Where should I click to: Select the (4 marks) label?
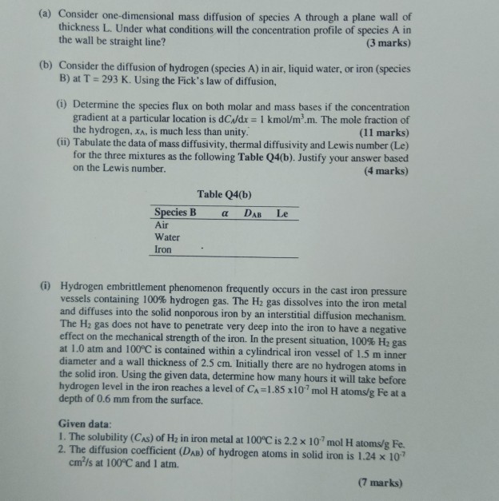coord(385,169)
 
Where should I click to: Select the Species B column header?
coord(174,212)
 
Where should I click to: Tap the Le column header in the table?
coord(281,213)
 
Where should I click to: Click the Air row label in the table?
coord(162,225)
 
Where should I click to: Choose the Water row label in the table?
coord(166,237)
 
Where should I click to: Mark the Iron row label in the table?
coord(163,249)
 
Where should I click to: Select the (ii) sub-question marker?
coord(62,143)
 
